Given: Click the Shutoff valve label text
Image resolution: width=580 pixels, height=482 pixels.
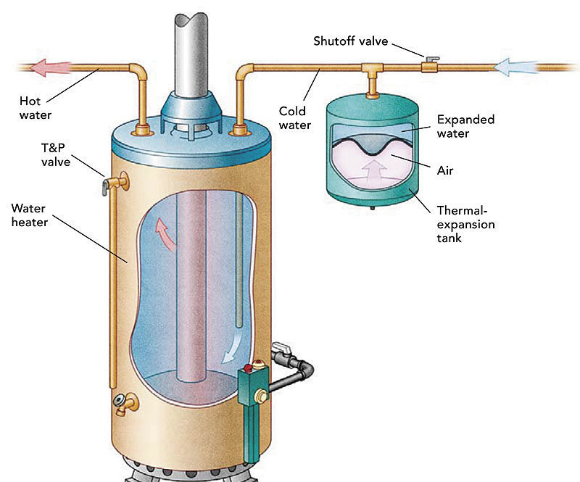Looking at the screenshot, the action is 351,41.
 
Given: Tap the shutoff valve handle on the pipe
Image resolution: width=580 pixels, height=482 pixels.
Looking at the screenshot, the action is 431,59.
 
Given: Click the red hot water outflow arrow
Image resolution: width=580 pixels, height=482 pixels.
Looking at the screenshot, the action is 51,67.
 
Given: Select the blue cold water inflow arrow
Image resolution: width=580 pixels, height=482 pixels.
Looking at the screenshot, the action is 516,67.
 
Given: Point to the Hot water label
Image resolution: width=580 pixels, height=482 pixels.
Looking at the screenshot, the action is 35,108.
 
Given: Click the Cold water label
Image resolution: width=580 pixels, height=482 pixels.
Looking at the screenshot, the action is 295,117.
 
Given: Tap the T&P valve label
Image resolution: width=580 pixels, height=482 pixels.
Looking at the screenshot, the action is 56,154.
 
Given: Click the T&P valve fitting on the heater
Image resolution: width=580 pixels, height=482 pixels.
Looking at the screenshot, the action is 114,183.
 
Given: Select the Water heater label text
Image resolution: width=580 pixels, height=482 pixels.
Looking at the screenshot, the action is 29,215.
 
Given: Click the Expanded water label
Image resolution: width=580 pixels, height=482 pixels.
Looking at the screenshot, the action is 465,126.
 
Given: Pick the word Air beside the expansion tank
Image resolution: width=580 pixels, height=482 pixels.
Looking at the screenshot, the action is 445,170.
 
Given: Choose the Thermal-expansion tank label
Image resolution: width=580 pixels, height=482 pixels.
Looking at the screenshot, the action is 465,224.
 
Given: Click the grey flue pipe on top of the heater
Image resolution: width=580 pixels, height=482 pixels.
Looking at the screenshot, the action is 191,55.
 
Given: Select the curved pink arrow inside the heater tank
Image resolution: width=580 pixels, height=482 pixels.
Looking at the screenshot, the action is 165,234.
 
